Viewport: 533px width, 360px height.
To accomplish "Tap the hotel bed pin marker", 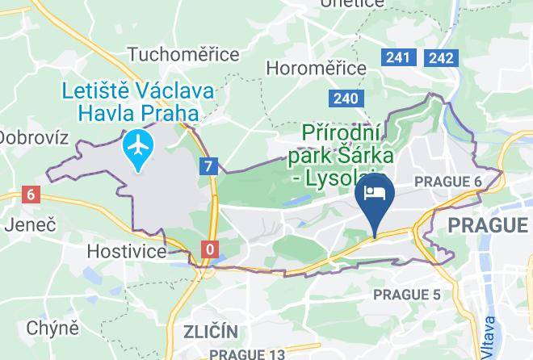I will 375,195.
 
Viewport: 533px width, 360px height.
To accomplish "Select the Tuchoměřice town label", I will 183,55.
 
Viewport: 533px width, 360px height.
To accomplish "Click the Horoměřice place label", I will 316,68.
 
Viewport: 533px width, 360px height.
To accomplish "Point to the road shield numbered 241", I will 397,57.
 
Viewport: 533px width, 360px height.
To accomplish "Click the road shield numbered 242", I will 441,57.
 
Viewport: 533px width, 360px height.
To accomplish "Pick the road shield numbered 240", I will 344,98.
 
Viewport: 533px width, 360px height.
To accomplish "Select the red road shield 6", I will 31,195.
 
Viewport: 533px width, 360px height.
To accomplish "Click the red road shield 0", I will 210,249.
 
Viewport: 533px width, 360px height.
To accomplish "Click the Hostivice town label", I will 128,251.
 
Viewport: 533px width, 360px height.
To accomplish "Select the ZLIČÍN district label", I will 210,332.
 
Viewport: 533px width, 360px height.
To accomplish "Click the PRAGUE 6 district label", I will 447,182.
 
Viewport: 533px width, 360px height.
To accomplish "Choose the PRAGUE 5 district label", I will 408,295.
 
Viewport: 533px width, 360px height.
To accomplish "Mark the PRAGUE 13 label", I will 247,354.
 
